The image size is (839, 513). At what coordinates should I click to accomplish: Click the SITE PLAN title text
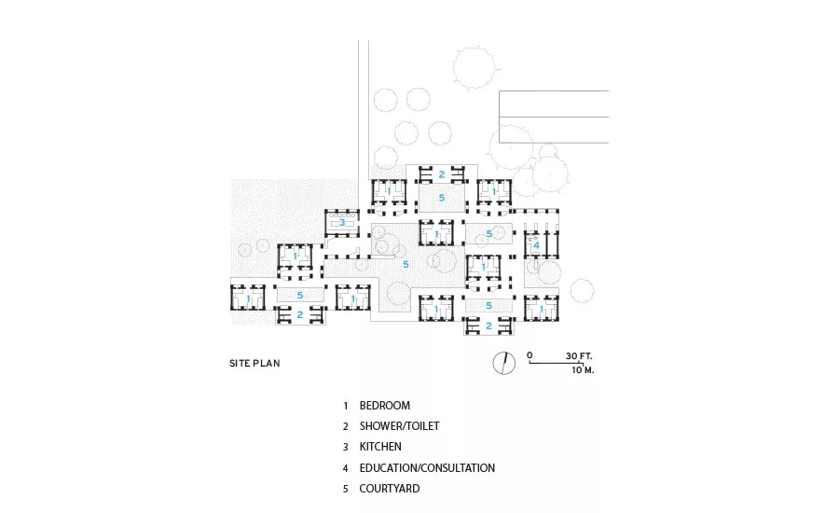254,363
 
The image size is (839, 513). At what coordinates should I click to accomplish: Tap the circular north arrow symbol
504,363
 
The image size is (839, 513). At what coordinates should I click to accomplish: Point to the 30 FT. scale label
579,355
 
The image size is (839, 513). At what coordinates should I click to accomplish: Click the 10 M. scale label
583,370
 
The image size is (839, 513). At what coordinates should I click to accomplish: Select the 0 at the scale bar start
530,355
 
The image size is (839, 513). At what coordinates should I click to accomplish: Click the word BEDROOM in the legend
385,406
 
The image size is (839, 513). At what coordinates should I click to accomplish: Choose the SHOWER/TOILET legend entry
399,425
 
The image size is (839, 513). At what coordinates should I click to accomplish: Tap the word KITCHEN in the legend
380,446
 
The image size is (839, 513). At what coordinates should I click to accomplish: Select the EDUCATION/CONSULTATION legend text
427,467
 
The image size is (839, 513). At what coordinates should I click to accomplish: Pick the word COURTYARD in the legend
390,489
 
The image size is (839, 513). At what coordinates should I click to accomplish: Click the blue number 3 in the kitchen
342,222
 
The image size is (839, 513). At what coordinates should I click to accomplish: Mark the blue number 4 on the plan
537,246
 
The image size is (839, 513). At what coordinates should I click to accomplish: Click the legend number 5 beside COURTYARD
346,489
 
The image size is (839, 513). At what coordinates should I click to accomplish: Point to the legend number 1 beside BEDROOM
346,406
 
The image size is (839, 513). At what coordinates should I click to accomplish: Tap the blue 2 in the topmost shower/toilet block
442,174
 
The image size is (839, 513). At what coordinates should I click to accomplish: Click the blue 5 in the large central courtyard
406,265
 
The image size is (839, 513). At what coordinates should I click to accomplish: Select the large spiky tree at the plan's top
475,67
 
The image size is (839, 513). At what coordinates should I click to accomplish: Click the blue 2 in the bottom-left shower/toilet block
299,315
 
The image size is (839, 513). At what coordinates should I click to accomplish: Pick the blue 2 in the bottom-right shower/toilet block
488,326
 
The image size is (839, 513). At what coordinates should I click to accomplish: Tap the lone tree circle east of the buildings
582,291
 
